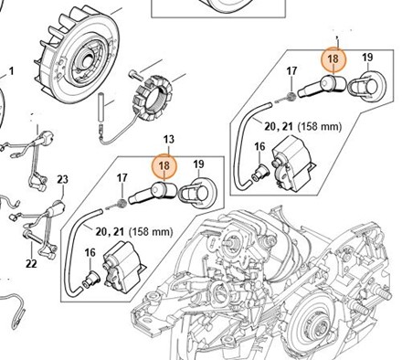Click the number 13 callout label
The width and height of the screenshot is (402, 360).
tap(169, 140)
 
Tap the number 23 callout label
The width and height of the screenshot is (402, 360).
tap(62, 179)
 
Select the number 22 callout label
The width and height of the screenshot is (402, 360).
tap(31, 263)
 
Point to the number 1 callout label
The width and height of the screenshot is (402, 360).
tap(12, 71)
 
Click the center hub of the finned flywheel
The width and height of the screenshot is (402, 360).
tap(85, 57)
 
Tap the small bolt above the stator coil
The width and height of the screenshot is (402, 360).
tap(136, 74)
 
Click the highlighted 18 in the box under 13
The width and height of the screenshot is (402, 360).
tap(164, 165)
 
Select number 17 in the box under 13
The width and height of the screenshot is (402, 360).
tap(122, 178)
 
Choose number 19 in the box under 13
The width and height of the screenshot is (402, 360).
tap(198, 164)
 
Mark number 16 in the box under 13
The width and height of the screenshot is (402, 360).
tap(90, 252)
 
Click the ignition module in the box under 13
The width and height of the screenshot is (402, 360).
tap(123, 268)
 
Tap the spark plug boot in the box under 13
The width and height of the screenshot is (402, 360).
tap(153, 192)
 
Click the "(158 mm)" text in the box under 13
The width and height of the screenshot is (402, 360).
tap(151, 232)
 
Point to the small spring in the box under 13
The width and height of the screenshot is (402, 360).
tap(122, 203)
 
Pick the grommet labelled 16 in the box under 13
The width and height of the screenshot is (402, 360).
tap(90, 279)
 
